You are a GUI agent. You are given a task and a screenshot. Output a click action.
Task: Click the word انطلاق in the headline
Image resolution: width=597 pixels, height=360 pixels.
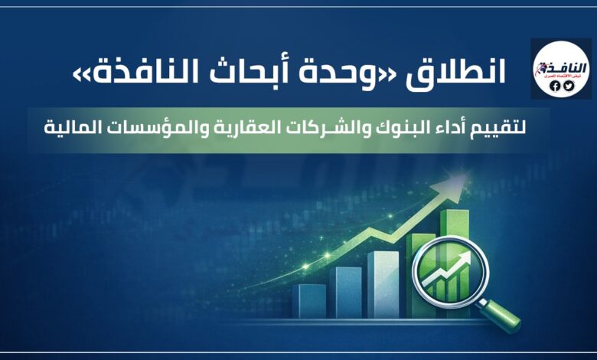[468, 74]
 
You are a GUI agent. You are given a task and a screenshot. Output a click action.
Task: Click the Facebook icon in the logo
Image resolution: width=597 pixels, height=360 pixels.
[556, 86]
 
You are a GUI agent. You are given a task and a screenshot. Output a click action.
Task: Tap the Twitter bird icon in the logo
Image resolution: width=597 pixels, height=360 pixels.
[568, 86]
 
